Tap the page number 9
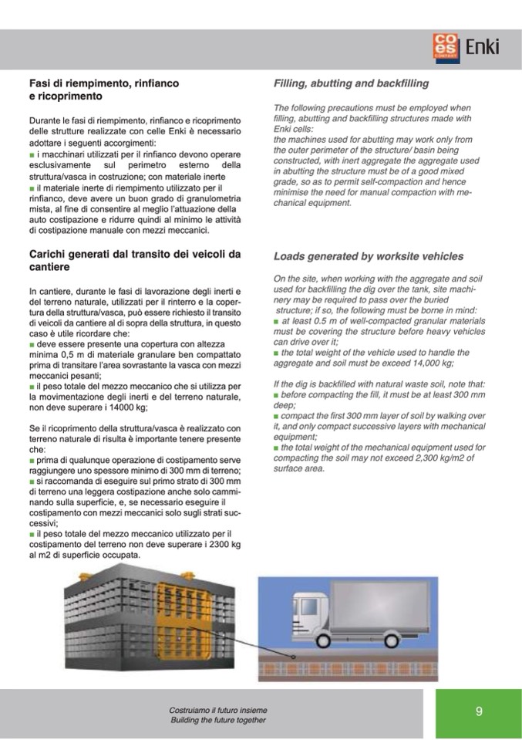tap(479, 711)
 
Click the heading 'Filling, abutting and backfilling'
tap(351, 83)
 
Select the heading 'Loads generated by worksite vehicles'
tap(369, 256)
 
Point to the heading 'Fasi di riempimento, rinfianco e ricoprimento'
tap(104, 90)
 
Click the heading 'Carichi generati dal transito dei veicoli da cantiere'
tap(135, 260)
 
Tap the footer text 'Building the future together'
tap(218, 720)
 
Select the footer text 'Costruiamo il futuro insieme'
tap(218, 710)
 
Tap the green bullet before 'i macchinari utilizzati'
tap(32, 154)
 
